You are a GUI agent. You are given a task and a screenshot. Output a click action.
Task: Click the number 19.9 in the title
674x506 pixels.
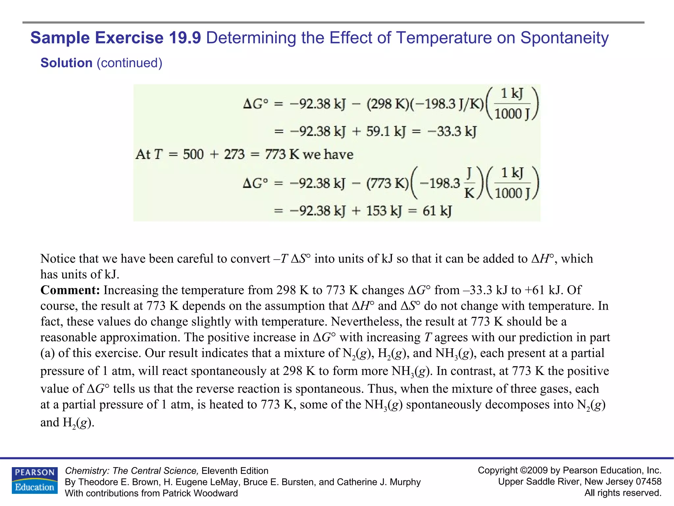tap(185, 38)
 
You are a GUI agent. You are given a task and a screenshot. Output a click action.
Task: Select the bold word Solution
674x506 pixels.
tap(66, 63)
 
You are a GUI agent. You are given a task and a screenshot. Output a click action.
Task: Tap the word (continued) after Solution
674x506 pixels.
tap(129, 63)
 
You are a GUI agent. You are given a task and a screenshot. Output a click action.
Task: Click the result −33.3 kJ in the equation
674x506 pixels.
tap(452, 132)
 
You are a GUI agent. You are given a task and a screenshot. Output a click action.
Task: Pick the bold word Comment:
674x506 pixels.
tap(70, 290)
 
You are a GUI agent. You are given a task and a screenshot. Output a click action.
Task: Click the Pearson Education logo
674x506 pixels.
tap(35, 480)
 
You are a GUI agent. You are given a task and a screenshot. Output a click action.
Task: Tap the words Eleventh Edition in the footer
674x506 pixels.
tap(235, 471)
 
